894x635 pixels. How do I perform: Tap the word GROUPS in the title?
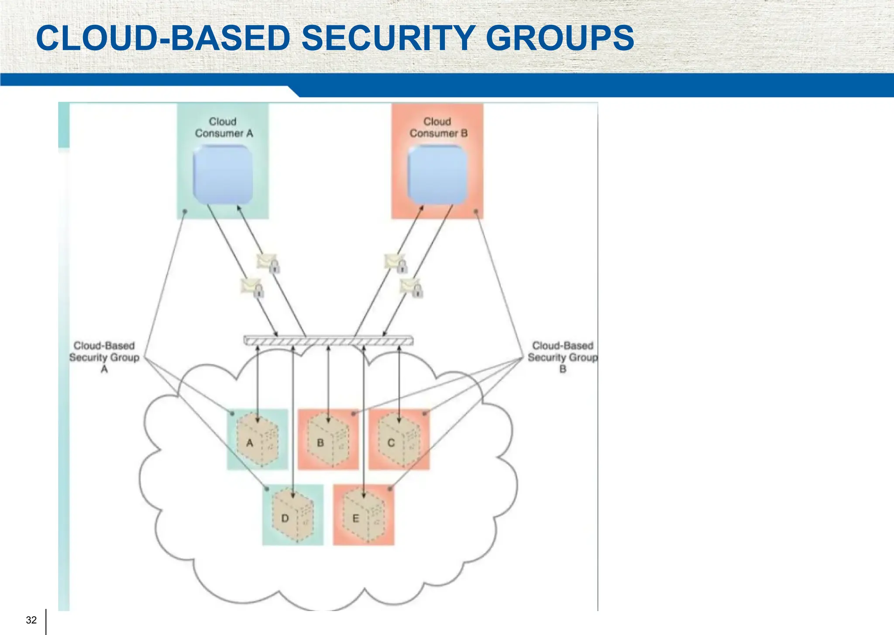click(x=560, y=38)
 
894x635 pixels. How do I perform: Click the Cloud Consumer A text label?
click(x=223, y=128)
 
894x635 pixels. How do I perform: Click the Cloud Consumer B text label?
click(x=438, y=128)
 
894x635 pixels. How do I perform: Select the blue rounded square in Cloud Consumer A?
click(x=223, y=174)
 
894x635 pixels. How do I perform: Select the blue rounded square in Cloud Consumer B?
click(x=437, y=174)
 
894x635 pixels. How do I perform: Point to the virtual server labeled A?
click(x=257, y=440)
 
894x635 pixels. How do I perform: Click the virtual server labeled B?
click(x=327, y=440)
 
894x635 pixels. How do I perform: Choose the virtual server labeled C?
click(x=399, y=440)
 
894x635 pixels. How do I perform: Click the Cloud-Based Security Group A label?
click(x=104, y=357)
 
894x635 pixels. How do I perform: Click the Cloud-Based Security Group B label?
click(x=562, y=357)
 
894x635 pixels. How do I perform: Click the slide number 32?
click(x=31, y=620)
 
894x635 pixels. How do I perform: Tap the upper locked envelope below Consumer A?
click(x=268, y=263)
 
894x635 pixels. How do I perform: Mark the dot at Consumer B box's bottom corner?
click(x=476, y=211)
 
